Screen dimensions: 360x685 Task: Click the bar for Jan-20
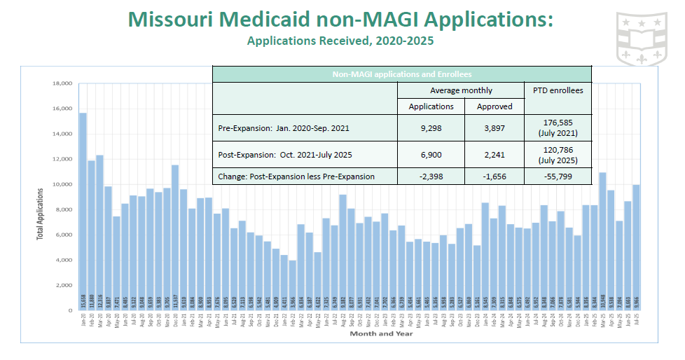pyautogui.click(x=83, y=210)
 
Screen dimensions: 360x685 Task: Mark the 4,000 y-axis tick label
pyautogui.click(x=64, y=260)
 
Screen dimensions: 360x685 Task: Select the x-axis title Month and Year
pyautogui.click(x=381, y=333)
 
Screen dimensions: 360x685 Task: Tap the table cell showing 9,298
pyautogui.click(x=431, y=129)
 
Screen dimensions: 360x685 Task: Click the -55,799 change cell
pyautogui.click(x=558, y=176)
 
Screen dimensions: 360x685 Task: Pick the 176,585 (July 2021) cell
pyautogui.click(x=558, y=129)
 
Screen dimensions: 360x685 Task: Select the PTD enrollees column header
pyautogui.click(x=558, y=90)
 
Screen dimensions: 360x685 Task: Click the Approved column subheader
pyautogui.click(x=494, y=106)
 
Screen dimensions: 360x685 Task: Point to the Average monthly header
pyautogui.click(x=461, y=90)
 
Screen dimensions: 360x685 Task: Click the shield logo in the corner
pyautogui.click(x=641, y=37)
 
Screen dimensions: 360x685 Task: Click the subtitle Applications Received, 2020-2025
pyautogui.click(x=340, y=41)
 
